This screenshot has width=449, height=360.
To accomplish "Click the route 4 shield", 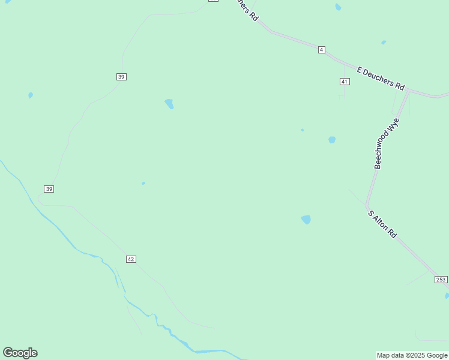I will [322, 50].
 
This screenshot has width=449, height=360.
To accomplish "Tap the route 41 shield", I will [344, 82].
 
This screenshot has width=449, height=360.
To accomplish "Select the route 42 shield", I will [131, 259].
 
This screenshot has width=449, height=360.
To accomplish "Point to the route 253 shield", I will [441, 280].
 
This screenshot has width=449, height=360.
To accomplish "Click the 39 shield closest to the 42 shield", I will [49, 189].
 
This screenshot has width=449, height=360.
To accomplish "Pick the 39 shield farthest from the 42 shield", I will [121, 77].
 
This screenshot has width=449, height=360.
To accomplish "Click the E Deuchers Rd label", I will [381, 78].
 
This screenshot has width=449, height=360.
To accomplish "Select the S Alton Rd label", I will [382, 224].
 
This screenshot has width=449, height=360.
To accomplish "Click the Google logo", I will [20, 353].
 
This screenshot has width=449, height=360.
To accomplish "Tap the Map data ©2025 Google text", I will [412, 355].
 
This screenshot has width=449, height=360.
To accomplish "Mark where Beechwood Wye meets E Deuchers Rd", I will [409, 91].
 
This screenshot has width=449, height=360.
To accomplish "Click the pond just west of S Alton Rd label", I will [306, 220].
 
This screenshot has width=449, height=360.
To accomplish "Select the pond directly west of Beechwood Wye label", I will [332, 140].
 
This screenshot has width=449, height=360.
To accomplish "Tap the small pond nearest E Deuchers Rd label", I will [384, 43].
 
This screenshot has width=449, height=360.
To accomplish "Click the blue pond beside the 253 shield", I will [447, 295].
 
